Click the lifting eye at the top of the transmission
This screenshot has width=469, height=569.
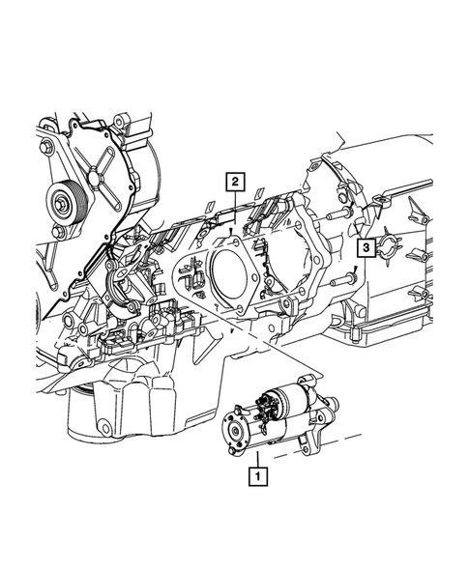(380, 200)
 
